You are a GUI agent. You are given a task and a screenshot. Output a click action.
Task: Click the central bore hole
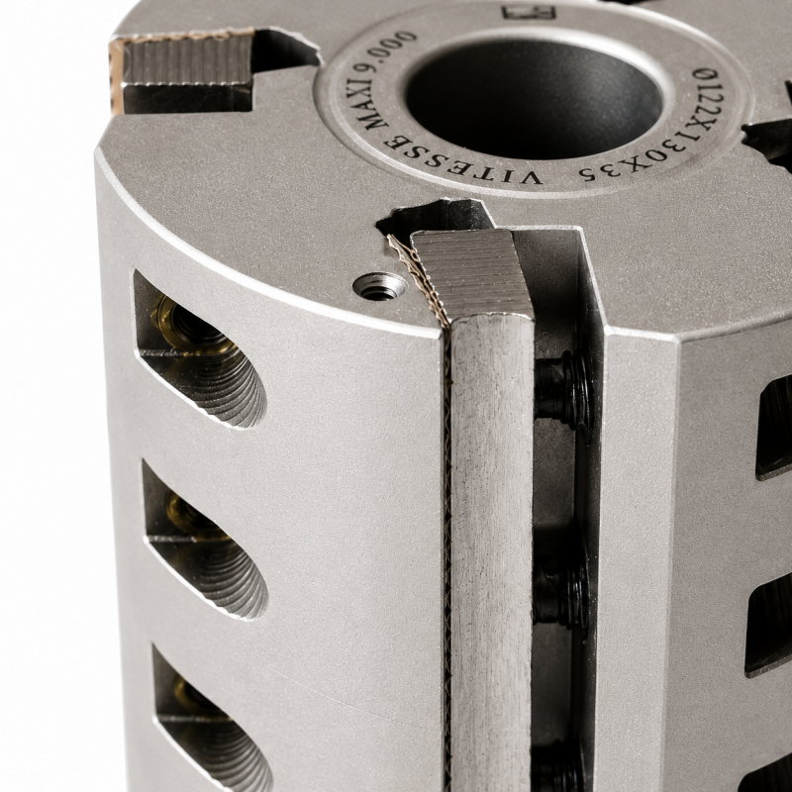(x=533, y=98)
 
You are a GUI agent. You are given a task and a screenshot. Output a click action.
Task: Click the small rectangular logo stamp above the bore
(x=529, y=12)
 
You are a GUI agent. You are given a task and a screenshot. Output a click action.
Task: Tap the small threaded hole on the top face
(x=380, y=286)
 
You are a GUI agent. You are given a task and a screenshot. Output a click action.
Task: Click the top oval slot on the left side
(x=199, y=349)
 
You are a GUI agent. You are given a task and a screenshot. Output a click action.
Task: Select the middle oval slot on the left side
(x=205, y=541)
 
